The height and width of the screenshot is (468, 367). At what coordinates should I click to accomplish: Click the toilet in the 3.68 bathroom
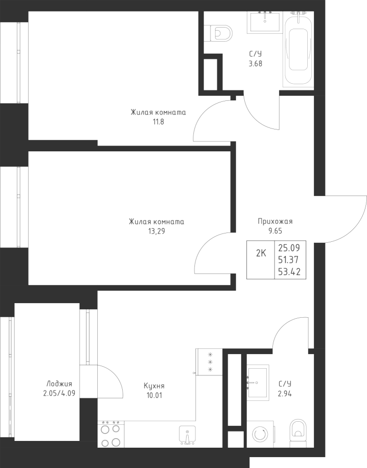click(x=223, y=33)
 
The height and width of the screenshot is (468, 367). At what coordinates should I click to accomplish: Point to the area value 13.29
click(x=156, y=231)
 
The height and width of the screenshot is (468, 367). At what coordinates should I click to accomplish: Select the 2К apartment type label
click(x=261, y=254)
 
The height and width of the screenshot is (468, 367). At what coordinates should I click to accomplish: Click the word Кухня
click(x=154, y=386)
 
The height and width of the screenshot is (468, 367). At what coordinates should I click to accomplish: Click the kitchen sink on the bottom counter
click(x=186, y=434)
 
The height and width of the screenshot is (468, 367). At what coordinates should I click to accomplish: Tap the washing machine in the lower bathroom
click(x=260, y=433)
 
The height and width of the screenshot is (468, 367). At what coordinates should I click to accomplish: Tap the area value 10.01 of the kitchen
click(x=154, y=395)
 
